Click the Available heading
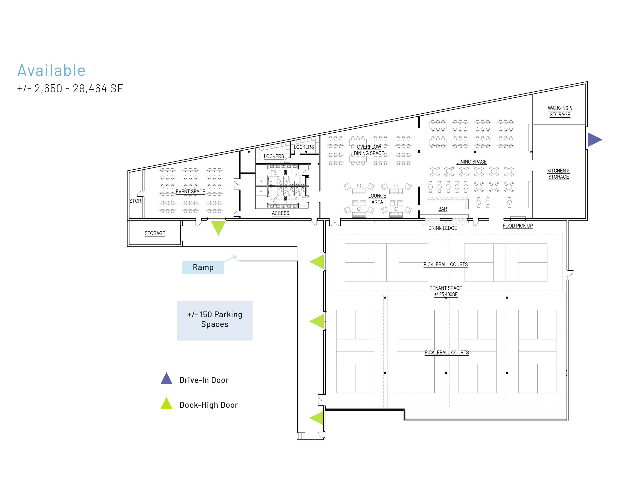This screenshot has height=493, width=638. coord(52,70)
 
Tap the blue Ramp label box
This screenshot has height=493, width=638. coord(203,267)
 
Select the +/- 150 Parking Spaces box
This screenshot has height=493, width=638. coord(215,321)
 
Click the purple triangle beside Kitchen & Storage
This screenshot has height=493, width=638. coord(594,140)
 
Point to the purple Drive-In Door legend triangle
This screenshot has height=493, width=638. coord(166,379)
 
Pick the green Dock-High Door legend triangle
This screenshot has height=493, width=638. coord(166,404)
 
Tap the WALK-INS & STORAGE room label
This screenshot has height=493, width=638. coord(560,111)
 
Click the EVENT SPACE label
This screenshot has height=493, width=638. coord(190,192)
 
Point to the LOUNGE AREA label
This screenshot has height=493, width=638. coord(377,199)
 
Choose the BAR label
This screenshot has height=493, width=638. coord(443,209)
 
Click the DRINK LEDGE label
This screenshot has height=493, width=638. coord(443,228)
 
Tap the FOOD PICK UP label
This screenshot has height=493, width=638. coord(518,226)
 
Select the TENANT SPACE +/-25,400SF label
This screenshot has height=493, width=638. coord(446,291)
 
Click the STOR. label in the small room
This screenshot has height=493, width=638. coord(136,201)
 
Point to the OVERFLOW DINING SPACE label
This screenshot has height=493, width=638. coord(369,150)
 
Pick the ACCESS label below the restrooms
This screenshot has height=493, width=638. coord(281,213)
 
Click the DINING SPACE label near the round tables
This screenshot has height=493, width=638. coord(472,162)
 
